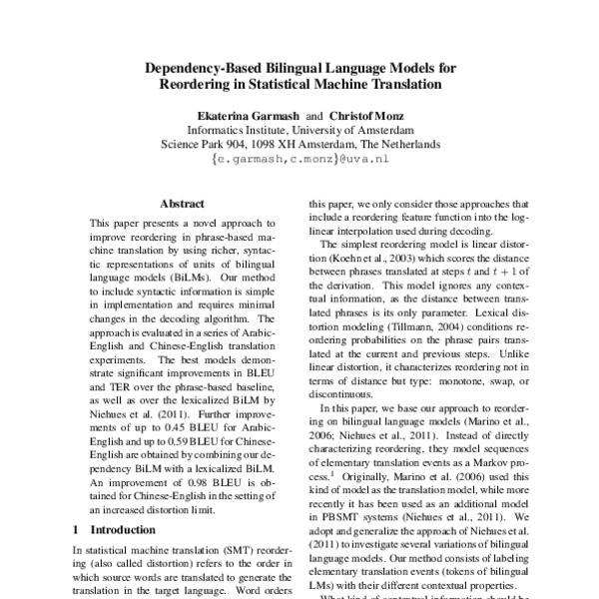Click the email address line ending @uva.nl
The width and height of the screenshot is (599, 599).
(x=299, y=158)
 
